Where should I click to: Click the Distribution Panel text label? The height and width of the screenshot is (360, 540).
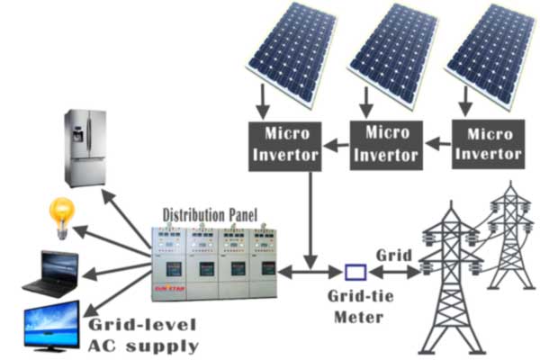[210, 215]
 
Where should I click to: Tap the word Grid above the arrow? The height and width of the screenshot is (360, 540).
[392, 254]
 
